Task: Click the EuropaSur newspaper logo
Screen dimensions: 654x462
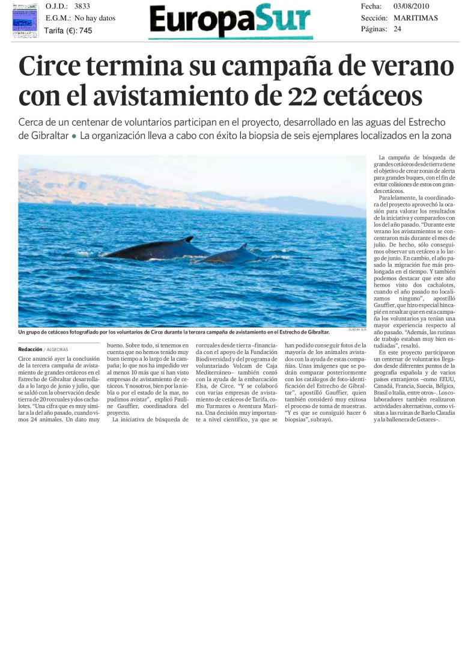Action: (230, 22)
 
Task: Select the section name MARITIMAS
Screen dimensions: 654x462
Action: (416, 18)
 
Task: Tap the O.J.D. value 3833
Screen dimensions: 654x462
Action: (82, 6)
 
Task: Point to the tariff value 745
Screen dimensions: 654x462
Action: (85, 31)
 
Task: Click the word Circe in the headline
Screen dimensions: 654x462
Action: (50, 68)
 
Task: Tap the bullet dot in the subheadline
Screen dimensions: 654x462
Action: (74, 136)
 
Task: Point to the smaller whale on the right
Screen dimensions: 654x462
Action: (231, 255)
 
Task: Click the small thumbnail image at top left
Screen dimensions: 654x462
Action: (25, 21)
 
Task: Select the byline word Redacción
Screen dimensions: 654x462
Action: (30, 349)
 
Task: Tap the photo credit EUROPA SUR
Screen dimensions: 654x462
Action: (357, 329)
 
